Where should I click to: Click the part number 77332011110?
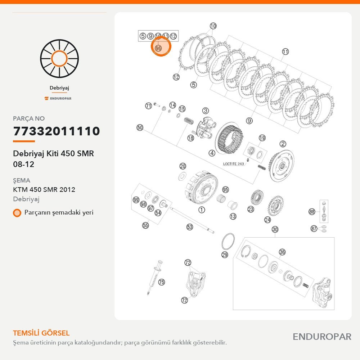[x=57, y=131]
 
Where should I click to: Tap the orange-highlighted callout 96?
[x=158, y=48]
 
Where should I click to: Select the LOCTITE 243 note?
[x=234, y=164]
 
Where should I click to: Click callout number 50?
[x=140, y=127]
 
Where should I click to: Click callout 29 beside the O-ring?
[x=225, y=255]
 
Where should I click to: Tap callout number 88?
[x=312, y=211]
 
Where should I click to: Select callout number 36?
[x=282, y=252]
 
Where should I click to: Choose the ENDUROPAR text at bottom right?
[x=322, y=337]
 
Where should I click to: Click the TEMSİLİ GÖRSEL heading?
[x=41, y=333]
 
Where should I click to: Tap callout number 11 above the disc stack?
[x=285, y=51]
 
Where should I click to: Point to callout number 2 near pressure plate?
[x=283, y=144]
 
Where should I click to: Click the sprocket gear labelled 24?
[x=275, y=206]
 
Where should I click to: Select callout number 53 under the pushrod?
[x=190, y=227]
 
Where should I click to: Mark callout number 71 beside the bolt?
[x=149, y=106]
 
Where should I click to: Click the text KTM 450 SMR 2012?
[x=44, y=190]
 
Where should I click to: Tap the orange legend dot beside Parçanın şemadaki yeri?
[x=17, y=213]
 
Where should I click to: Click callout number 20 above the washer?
[x=183, y=166]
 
